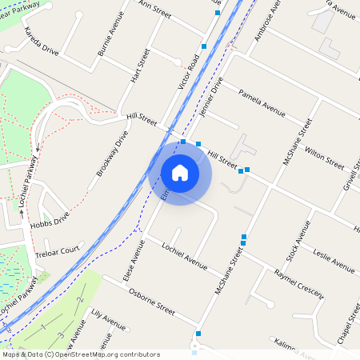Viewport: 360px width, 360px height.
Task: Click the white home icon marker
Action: (x=180, y=173)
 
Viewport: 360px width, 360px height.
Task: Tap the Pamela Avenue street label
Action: (x=262, y=99)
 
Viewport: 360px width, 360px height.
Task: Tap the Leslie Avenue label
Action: (x=334, y=262)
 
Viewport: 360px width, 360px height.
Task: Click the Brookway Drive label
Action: (x=113, y=154)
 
